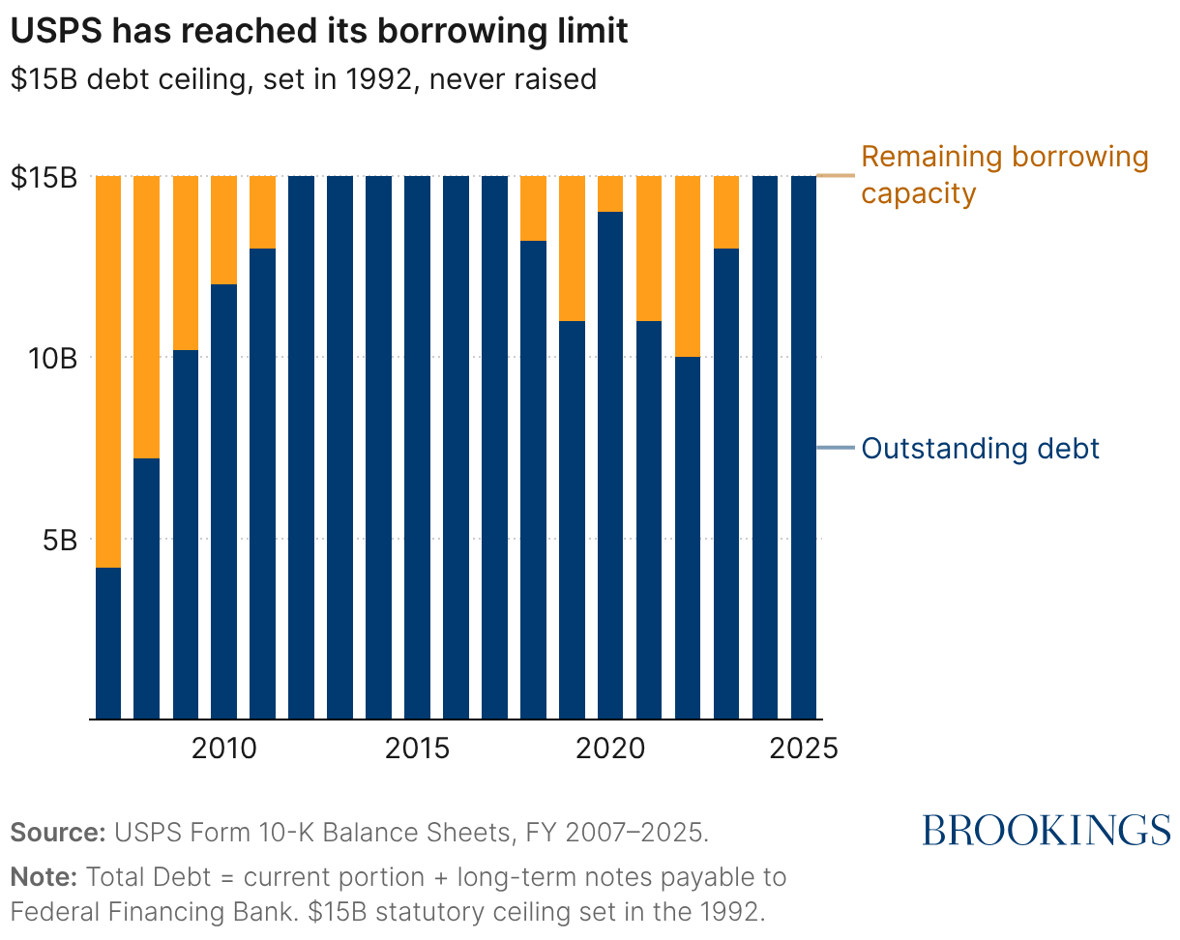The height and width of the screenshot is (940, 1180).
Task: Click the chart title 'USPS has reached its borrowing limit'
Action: point(319,31)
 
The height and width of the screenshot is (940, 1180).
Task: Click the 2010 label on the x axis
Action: point(224,748)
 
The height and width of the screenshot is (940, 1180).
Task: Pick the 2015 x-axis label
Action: point(418,748)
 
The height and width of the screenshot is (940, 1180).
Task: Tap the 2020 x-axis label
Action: point(610,748)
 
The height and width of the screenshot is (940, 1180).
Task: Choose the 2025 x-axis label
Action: point(803,748)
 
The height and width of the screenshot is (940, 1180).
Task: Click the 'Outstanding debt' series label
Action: point(980,449)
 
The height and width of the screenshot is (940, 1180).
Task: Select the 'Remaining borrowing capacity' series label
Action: point(1004,175)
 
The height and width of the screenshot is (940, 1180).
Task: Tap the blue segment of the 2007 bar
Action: point(108,643)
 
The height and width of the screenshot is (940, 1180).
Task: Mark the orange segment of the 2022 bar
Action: point(688,266)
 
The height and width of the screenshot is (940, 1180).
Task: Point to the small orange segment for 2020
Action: point(610,193)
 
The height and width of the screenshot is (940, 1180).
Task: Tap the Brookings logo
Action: point(1046,830)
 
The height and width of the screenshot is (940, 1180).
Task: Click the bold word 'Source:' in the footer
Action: point(57,833)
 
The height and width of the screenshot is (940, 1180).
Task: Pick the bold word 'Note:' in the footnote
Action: point(44,878)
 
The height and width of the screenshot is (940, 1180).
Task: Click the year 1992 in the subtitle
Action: point(372,78)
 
